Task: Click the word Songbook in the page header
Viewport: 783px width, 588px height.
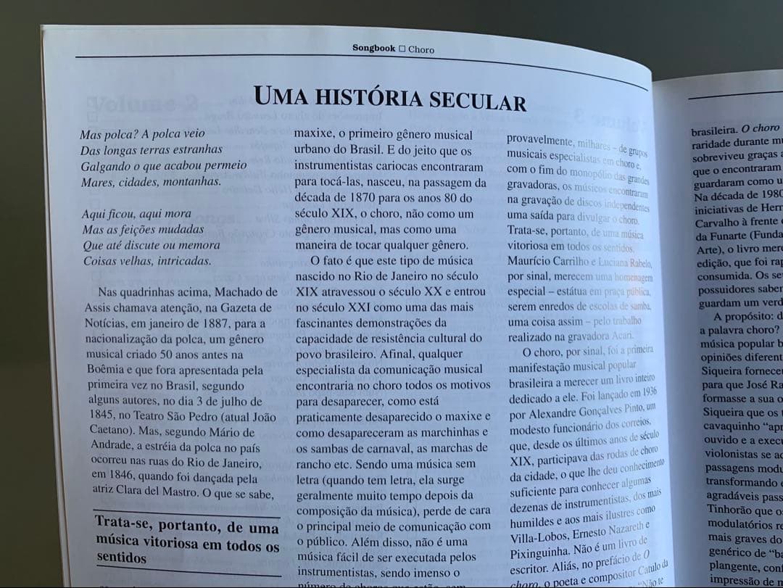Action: (374, 49)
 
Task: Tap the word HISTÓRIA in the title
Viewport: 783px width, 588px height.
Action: (383, 97)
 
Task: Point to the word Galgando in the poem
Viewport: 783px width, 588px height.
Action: (104, 166)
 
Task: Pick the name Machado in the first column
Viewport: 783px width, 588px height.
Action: (251, 293)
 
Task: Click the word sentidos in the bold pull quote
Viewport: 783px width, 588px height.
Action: (121, 558)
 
